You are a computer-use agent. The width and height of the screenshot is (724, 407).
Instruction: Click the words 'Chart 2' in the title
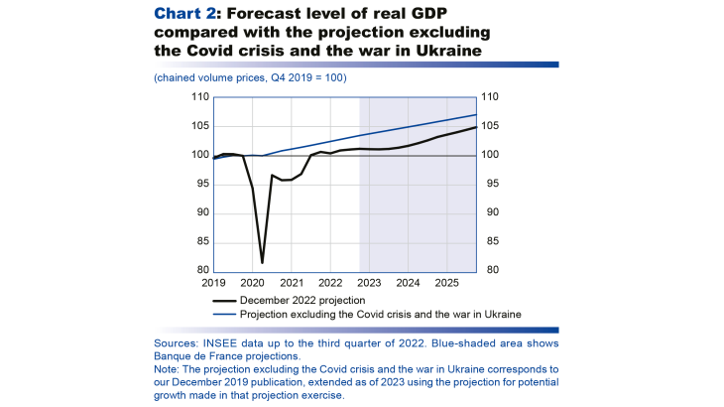point(181,13)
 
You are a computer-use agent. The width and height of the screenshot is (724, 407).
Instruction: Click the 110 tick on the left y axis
point(200,97)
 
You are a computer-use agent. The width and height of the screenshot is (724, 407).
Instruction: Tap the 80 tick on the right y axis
point(488,270)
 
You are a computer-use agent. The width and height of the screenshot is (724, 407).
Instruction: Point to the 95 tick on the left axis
point(202,184)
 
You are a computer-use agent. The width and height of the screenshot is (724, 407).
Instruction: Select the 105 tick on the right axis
point(491,126)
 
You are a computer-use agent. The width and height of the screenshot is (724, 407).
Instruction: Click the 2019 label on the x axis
point(213,283)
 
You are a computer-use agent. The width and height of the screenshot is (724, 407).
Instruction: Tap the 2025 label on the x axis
point(445,283)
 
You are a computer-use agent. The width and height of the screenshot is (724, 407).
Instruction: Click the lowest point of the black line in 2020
point(262,263)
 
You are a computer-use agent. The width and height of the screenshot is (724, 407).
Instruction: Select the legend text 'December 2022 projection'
point(303,300)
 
